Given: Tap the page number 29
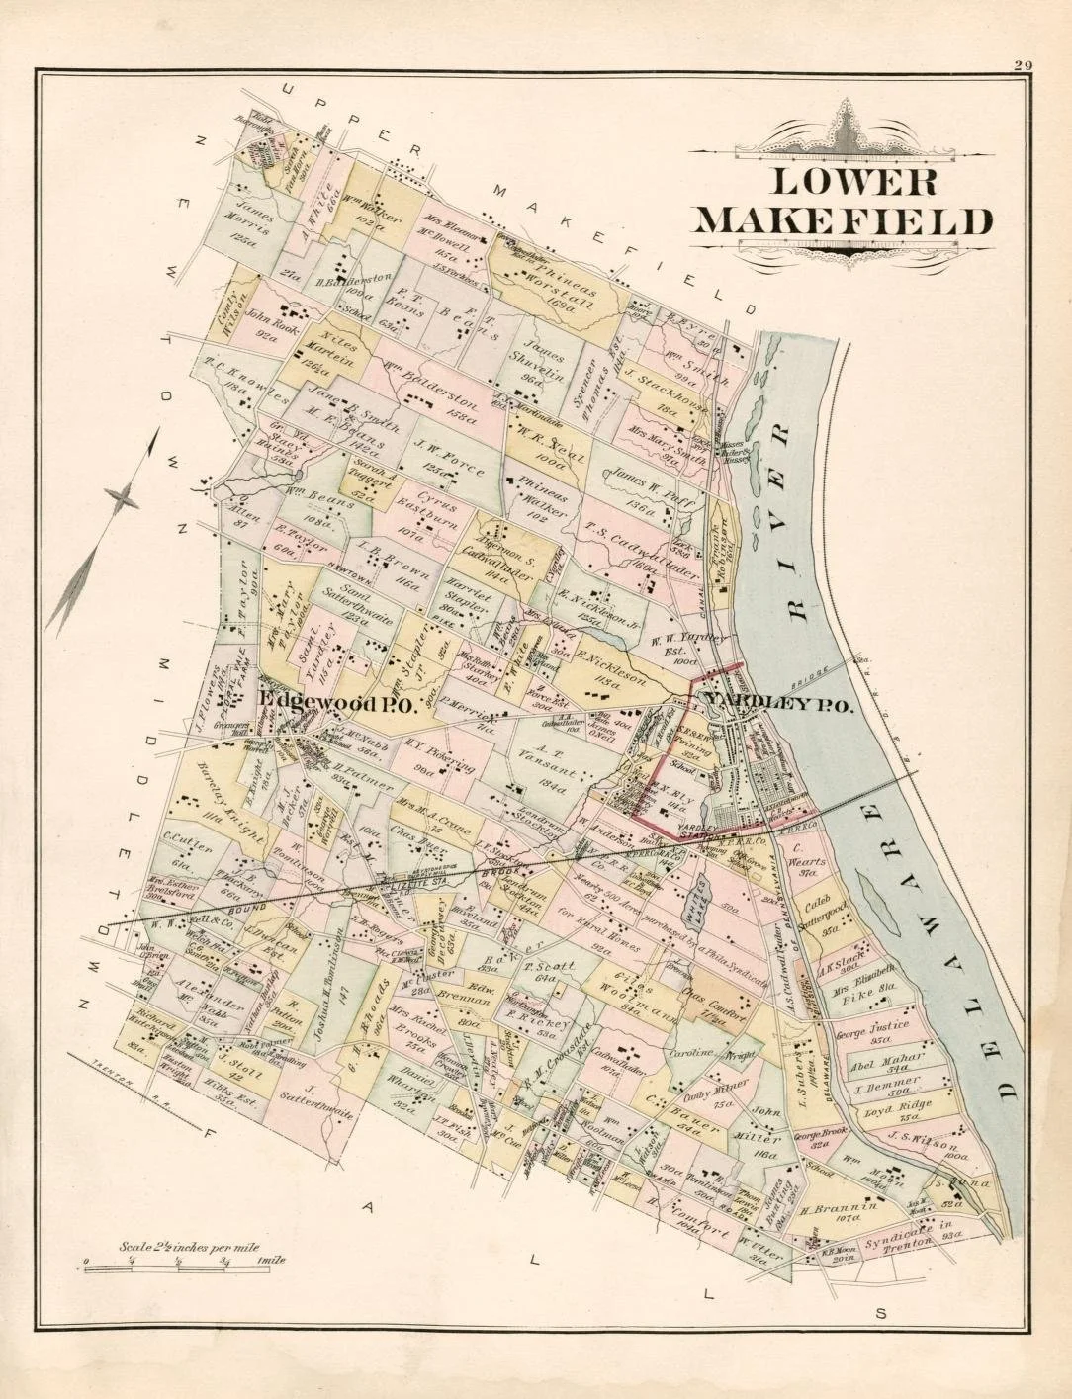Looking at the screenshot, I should [1023, 65].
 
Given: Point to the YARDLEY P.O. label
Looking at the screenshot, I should [778, 703].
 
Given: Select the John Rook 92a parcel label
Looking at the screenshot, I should [264, 325].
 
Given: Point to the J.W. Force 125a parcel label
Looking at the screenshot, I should [440, 452].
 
